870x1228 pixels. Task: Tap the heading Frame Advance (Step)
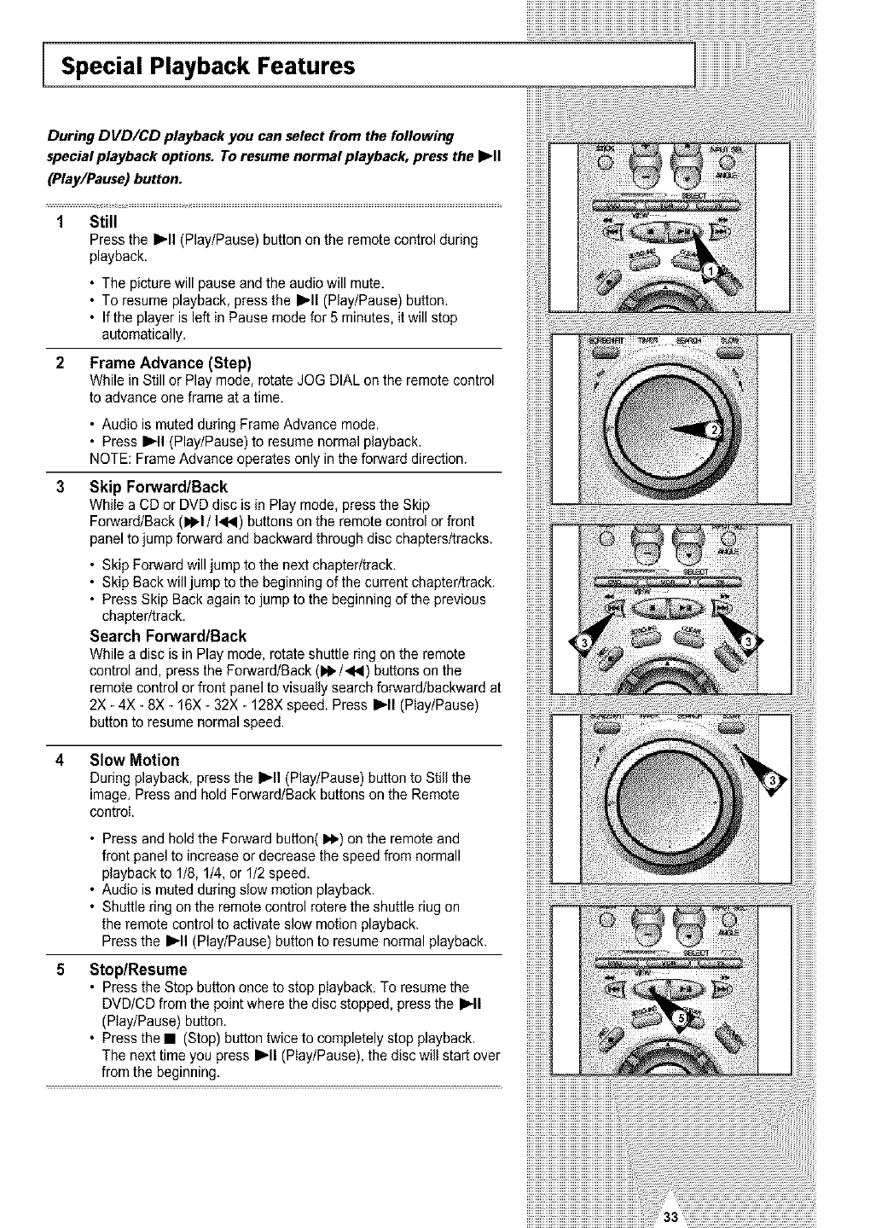tap(171, 362)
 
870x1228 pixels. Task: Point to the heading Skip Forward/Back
tap(159, 487)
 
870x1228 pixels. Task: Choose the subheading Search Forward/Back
tap(168, 636)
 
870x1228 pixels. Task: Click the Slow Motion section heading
tap(135, 760)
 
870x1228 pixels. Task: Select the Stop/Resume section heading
tap(138, 970)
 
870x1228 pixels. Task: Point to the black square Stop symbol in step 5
tap(171, 1039)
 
